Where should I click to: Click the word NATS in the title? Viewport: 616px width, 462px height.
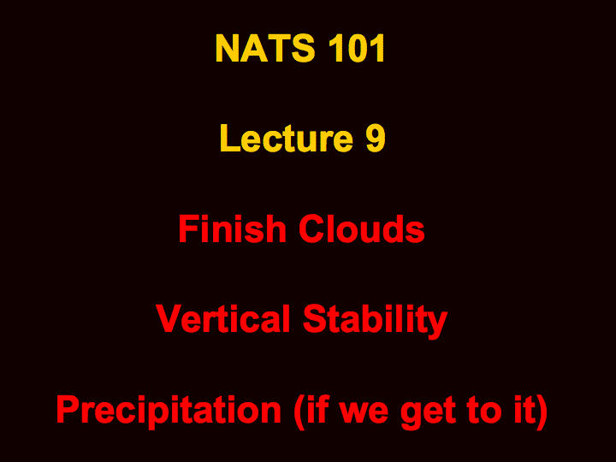(x=265, y=48)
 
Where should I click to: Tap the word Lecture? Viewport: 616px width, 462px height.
(x=287, y=138)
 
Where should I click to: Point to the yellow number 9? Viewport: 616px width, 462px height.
(x=376, y=139)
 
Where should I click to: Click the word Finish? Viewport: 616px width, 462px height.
(x=232, y=228)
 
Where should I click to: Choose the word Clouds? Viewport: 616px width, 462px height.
(x=362, y=229)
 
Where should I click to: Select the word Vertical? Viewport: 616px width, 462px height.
(x=222, y=318)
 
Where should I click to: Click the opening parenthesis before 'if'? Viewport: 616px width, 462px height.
(x=299, y=412)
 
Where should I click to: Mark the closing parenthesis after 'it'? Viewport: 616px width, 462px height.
(x=542, y=412)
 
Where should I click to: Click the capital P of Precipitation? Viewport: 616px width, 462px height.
(x=68, y=409)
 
